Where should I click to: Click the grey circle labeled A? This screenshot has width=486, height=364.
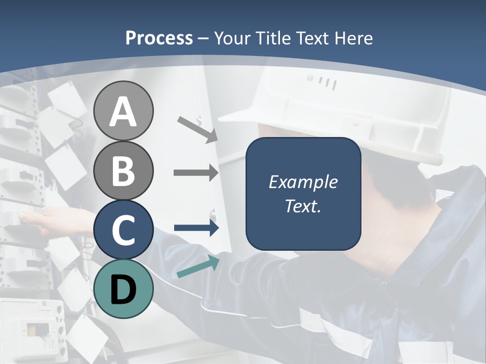(x=123, y=111)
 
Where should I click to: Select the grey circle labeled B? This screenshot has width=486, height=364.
(x=123, y=170)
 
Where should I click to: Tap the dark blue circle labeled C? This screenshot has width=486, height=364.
(x=123, y=230)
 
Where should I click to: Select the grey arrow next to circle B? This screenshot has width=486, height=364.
(x=196, y=173)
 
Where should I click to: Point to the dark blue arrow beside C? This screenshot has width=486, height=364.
(x=196, y=228)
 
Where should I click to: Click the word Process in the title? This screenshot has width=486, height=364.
(x=159, y=38)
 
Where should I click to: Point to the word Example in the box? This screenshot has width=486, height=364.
(x=303, y=182)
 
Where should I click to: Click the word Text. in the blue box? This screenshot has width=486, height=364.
(x=303, y=206)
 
